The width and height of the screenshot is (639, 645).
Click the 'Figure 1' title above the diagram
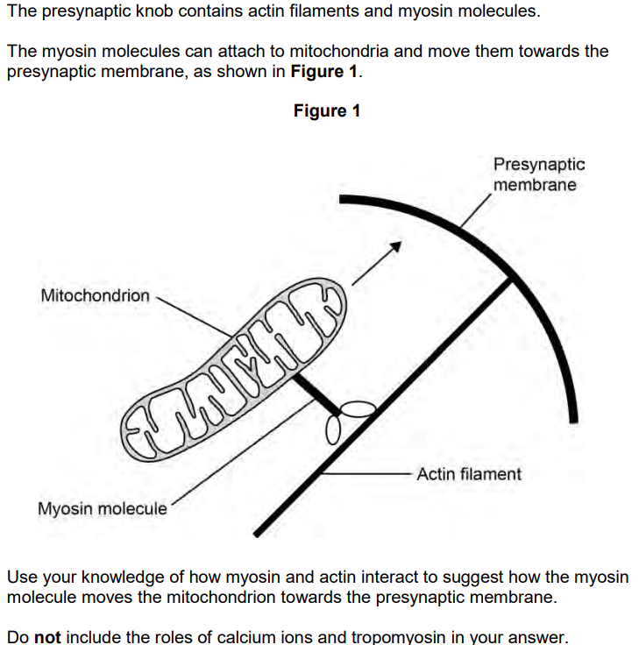pos(327,110)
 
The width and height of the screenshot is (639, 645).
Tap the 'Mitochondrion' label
pos(95,295)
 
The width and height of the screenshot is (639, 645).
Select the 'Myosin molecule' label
pos(103,508)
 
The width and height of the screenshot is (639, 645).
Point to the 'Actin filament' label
pos(469,474)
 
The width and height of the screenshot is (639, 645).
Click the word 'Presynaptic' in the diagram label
pos(539,165)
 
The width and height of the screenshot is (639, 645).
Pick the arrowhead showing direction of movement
pos(396,246)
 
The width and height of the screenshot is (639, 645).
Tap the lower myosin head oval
pos(333,430)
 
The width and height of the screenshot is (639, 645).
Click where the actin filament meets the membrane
pos(511,280)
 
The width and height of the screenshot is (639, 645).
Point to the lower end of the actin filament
pos(256,534)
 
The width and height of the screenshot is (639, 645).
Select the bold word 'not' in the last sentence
pos(47,637)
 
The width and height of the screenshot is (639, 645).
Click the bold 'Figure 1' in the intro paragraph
pos(324,71)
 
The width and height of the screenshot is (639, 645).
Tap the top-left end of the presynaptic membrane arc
pos(341,199)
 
